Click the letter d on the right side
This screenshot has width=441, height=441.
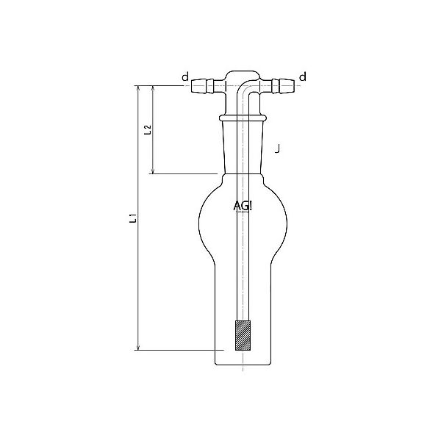[x=302, y=76]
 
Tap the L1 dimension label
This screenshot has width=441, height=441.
[x=132, y=218]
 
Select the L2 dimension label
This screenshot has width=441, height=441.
[x=148, y=130]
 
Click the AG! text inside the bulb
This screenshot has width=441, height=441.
[x=242, y=207]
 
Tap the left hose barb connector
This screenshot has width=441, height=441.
[x=204, y=86]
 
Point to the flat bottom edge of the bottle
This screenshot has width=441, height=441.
[x=242, y=365]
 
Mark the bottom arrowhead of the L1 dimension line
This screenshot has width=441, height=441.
[x=137, y=348]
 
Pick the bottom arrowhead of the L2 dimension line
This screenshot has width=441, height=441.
[x=153, y=173]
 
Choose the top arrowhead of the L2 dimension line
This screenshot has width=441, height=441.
[x=153, y=87]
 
